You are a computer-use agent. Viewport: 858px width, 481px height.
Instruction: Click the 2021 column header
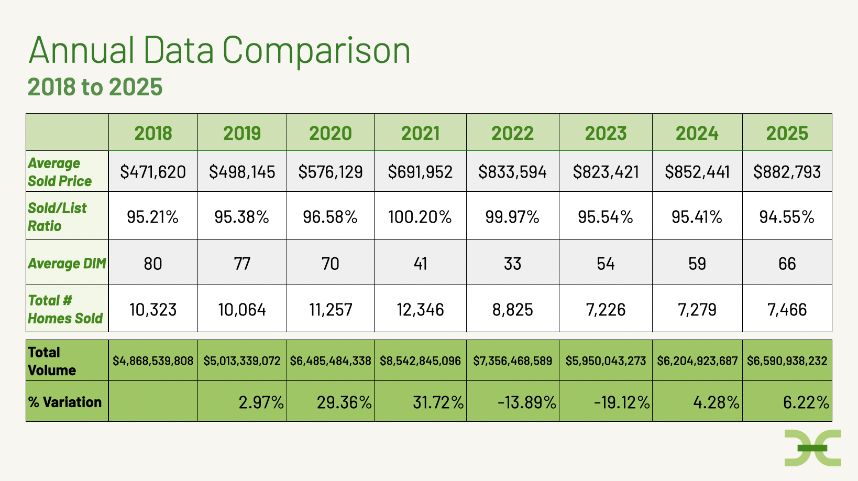tap(420, 133)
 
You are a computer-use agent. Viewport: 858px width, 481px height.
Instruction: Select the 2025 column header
tap(787, 133)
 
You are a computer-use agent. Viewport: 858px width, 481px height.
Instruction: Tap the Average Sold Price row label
tap(60, 172)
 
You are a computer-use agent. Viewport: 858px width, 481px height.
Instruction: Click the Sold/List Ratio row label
tap(57, 217)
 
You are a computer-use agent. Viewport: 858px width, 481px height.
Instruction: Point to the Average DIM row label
tap(67, 263)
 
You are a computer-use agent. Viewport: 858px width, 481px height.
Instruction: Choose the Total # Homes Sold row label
tap(65, 309)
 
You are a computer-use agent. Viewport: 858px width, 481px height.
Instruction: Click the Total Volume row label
tap(52, 361)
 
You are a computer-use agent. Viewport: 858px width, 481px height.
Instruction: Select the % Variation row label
tap(65, 402)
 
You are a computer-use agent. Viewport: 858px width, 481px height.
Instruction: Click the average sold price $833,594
tap(512, 172)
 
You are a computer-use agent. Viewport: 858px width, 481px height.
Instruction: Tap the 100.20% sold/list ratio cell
tap(420, 217)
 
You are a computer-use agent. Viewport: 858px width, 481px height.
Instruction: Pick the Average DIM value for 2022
tap(512, 263)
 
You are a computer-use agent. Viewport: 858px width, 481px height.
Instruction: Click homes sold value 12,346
tap(420, 310)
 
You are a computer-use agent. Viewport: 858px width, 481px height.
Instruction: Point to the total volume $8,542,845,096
tap(420, 361)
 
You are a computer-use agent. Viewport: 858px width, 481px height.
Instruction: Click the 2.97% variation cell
tap(261, 402)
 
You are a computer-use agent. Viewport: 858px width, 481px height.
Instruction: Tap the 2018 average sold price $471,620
tap(153, 172)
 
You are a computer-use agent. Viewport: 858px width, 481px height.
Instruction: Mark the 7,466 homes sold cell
tap(787, 310)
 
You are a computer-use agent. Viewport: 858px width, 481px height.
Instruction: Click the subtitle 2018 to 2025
tap(95, 87)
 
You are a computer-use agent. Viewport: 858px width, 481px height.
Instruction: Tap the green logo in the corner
tap(812, 448)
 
